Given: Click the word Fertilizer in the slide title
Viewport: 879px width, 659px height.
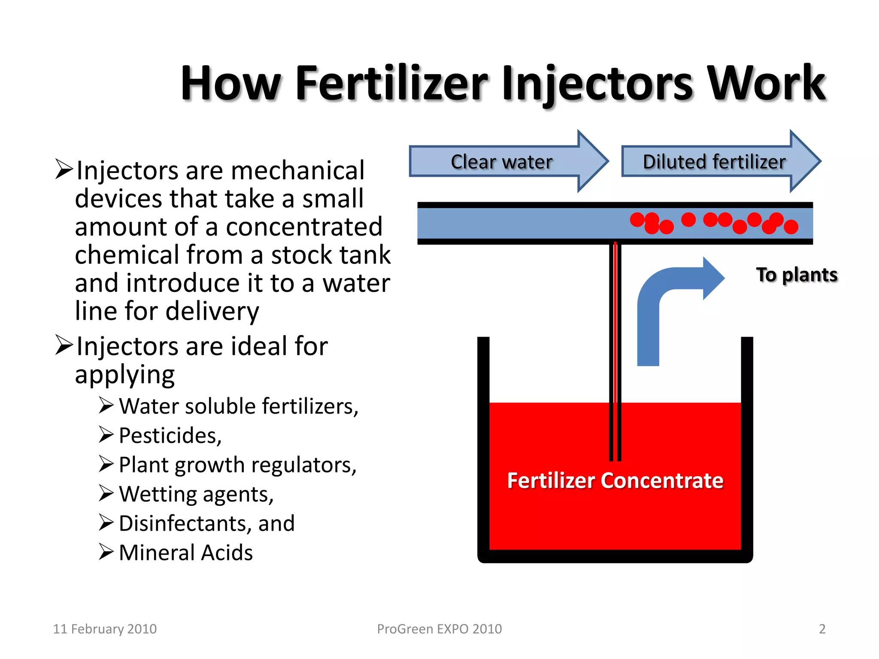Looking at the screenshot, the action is pyautogui.click(x=391, y=83).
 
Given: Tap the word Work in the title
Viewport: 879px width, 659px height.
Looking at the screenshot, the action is pyautogui.click(x=766, y=83).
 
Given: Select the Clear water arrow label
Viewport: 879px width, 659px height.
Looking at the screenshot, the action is pyautogui.click(x=501, y=162).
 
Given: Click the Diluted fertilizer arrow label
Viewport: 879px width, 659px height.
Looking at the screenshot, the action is pyautogui.click(x=714, y=162).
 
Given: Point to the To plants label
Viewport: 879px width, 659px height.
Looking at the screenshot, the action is pyautogui.click(x=797, y=275).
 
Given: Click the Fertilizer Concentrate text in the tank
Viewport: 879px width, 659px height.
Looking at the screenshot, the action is pyautogui.click(x=615, y=481).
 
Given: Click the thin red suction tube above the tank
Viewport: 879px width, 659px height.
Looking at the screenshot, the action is pyautogui.click(x=615, y=322).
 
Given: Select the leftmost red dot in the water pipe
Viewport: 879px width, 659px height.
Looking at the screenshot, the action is pyautogui.click(x=637, y=220).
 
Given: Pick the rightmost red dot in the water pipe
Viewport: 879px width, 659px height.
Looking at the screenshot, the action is pyautogui.click(x=791, y=227).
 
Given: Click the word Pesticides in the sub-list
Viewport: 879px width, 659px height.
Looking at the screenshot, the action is pyautogui.click(x=170, y=435).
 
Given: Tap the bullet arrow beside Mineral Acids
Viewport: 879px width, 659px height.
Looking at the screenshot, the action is pyautogui.click(x=106, y=552).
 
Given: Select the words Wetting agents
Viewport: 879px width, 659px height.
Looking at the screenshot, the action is pyautogui.click(x=196, y=494).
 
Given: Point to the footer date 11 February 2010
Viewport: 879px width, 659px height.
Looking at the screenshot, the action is pyautogui.click(x=105, y=629).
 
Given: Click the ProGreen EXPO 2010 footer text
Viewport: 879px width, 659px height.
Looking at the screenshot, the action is pyautogui.click(x=439, y=629).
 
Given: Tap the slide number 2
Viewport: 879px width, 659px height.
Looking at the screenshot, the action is pyautogui.click(x=822, y=629).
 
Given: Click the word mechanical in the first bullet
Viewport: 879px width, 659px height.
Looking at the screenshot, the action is pyautogui.click(x=297, y=171).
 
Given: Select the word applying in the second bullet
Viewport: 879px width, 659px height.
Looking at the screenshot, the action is pyautogui.click(x=125, y=375).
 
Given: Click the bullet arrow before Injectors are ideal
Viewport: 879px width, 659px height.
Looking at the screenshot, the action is pyautogui.click(x=64, y=345).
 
